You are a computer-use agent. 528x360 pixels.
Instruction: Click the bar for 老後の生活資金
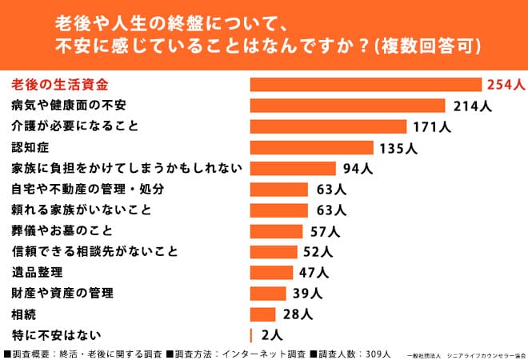[x=366, y=85]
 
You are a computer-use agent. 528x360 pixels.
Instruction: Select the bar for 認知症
[x=312, y=147]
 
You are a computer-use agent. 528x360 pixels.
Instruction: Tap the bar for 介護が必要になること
[x=329, y=126]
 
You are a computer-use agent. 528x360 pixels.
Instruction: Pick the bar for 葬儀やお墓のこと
[x=277, y=231]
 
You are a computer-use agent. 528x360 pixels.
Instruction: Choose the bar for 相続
[x=263, y=314]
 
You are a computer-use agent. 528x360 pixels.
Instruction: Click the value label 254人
[x=503, y=85]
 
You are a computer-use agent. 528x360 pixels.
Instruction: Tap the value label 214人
[x=469, y=106]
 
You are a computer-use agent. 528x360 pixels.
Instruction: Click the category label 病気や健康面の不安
[x=69, y=106]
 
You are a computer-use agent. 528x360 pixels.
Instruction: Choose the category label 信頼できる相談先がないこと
[x=94, y=251]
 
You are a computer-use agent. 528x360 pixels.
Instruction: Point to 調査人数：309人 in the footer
[x=354, y=353]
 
